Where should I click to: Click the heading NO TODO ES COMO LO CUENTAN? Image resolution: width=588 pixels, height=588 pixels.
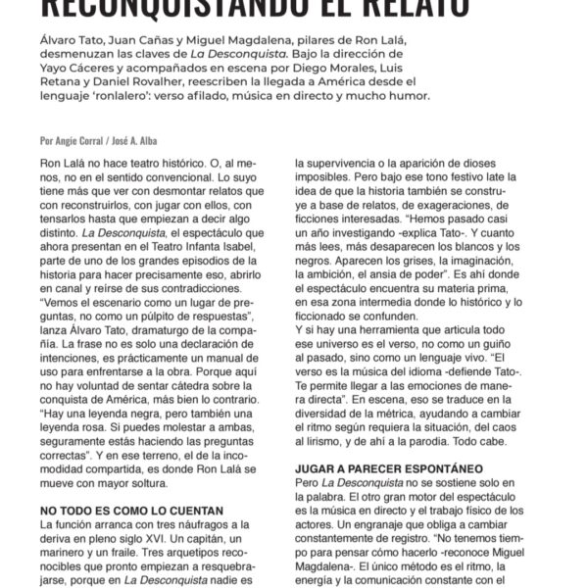(x=132, y=512)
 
